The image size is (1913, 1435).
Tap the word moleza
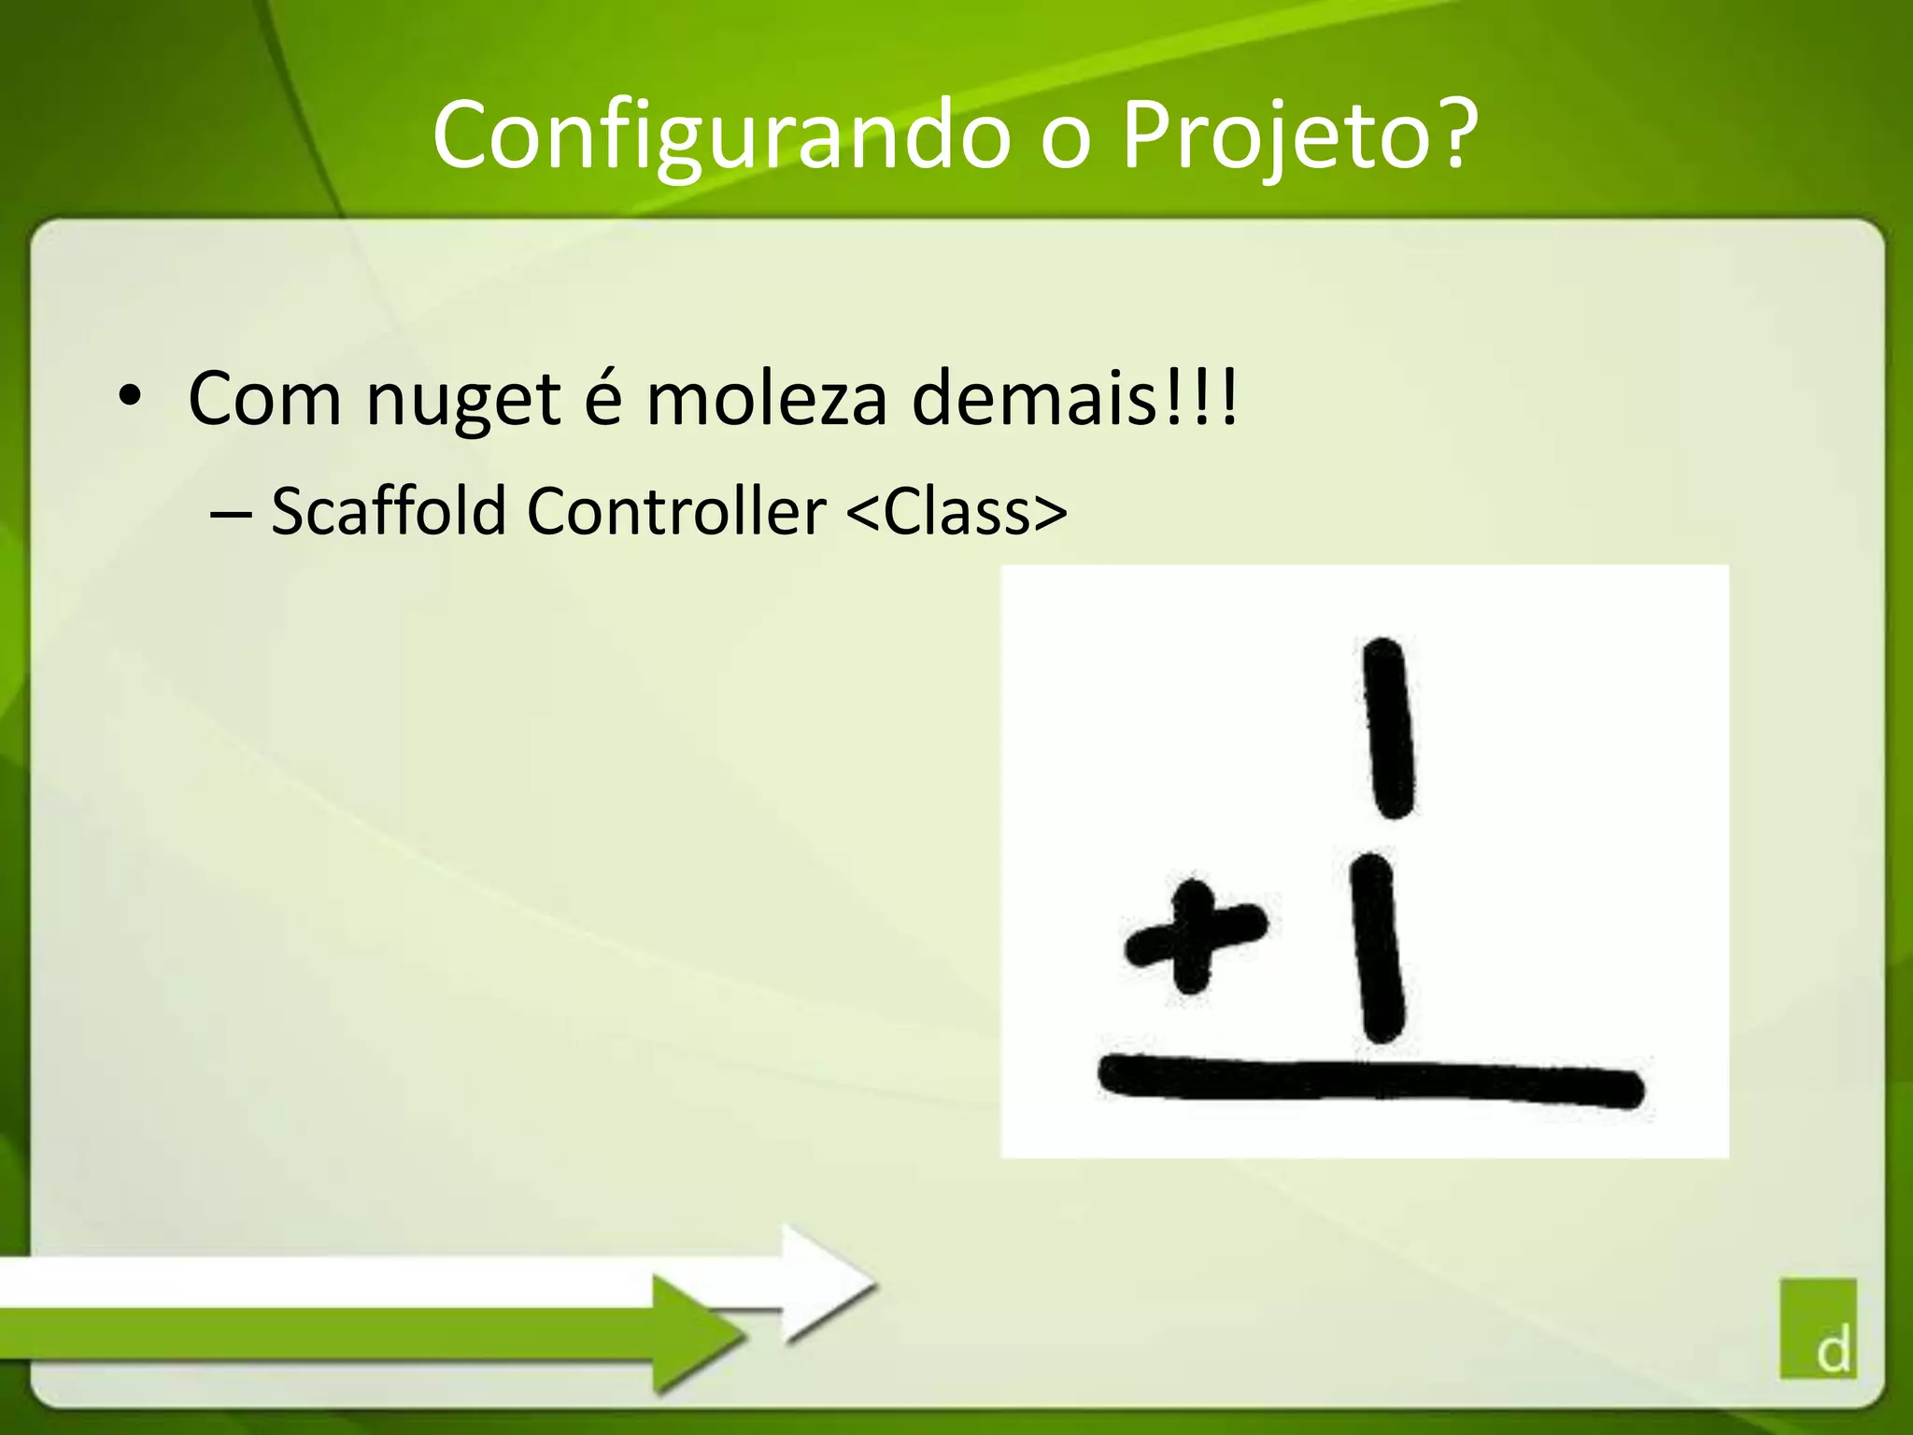point(766,399)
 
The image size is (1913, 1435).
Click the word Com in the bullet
point(264,399)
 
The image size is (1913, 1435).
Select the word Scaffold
point(388,511)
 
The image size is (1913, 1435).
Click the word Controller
point(676,511)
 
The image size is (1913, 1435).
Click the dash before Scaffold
point(231,514)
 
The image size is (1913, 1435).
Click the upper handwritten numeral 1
point(1388,728)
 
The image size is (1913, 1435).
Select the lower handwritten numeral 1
point(1377,947)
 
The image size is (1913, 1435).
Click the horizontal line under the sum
point(1369,1083)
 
